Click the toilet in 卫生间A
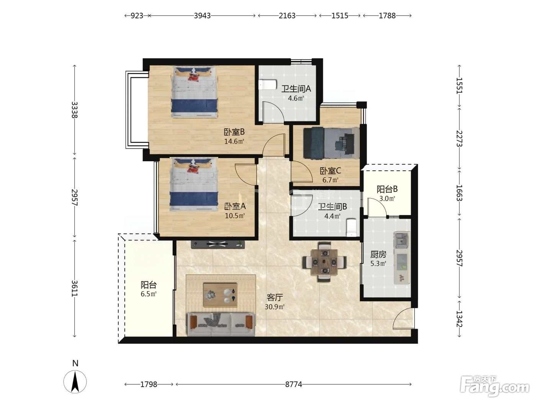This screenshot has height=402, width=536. coord(267,85)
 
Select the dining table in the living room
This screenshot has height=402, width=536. coord(324,262)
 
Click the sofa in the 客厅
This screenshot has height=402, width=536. coord(221,324)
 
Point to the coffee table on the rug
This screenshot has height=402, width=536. coord(220,295)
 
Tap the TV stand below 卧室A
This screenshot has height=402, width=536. coord(218,244)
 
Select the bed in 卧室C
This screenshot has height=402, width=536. coord(331,143)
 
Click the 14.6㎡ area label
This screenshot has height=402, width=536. coord(234,141)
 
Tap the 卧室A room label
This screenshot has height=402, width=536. coord(235,206)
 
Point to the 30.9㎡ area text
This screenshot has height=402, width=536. coord(275,307)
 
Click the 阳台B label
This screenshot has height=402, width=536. coord(387,189)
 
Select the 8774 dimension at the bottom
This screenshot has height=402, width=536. coord(294,384)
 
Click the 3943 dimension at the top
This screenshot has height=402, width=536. coord(202,16)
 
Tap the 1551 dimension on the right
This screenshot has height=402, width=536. coord(459,85)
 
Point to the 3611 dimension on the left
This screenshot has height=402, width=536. coord(75,288)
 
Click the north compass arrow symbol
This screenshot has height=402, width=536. coord(75,382)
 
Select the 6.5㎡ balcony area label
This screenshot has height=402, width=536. coord(149,294)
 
